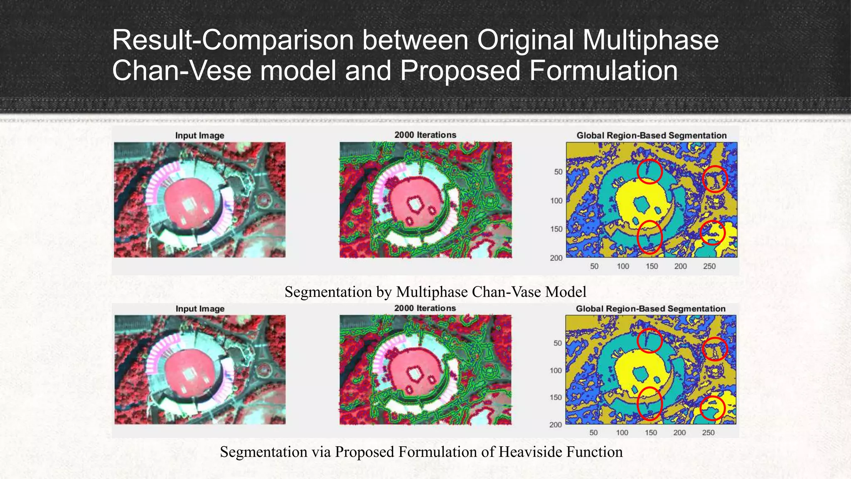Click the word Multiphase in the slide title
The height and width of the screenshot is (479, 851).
tap(650, 40)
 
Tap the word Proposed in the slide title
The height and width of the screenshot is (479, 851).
tap(460, 71)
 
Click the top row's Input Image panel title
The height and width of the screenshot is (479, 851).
tap(199, 136)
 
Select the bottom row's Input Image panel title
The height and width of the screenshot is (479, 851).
tap(200, 309)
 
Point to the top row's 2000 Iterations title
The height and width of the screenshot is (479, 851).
tap(425, 135)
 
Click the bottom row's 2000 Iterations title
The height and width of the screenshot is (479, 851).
tap(425, 309)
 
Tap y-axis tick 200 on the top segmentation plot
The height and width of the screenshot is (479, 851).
tap(556, 258)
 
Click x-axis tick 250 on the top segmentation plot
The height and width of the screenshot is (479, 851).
tap(709, 267)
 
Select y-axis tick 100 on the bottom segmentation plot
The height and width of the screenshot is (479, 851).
tap(556, 370)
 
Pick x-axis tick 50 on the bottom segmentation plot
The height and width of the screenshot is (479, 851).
tap(593, 433)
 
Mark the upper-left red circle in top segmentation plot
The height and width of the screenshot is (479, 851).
tap(649, 171)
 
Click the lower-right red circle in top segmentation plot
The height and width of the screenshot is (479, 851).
tap(713, 233)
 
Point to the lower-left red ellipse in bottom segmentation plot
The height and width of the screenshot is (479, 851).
tap(649, 403)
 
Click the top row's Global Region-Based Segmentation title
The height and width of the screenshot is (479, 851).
tap(651, 136)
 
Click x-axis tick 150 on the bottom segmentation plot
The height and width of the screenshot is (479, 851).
tap(651, 433)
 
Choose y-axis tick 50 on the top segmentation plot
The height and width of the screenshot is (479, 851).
tap(558, 172)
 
